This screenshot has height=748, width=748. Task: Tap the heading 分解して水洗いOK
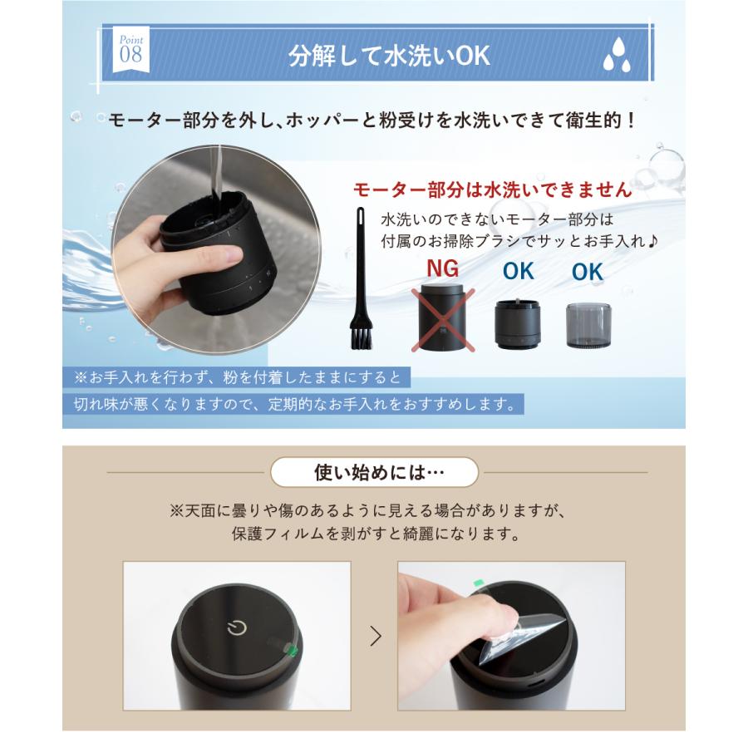(389, 56)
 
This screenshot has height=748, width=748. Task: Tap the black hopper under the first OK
(517, 323)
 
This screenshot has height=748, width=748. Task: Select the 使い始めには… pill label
(374, 472)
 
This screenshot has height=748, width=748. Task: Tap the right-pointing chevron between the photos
(376, 636)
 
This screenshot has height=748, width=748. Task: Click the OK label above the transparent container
(587, 272)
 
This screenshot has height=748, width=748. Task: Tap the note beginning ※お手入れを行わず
(237, 377)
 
